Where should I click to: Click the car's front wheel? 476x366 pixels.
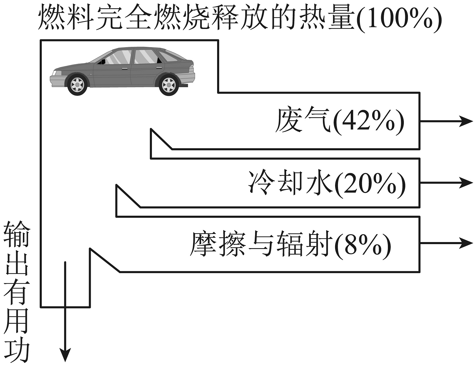point(77,85)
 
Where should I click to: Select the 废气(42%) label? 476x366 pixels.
point(339,120)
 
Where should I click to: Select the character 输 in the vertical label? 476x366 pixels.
point(17,234)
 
